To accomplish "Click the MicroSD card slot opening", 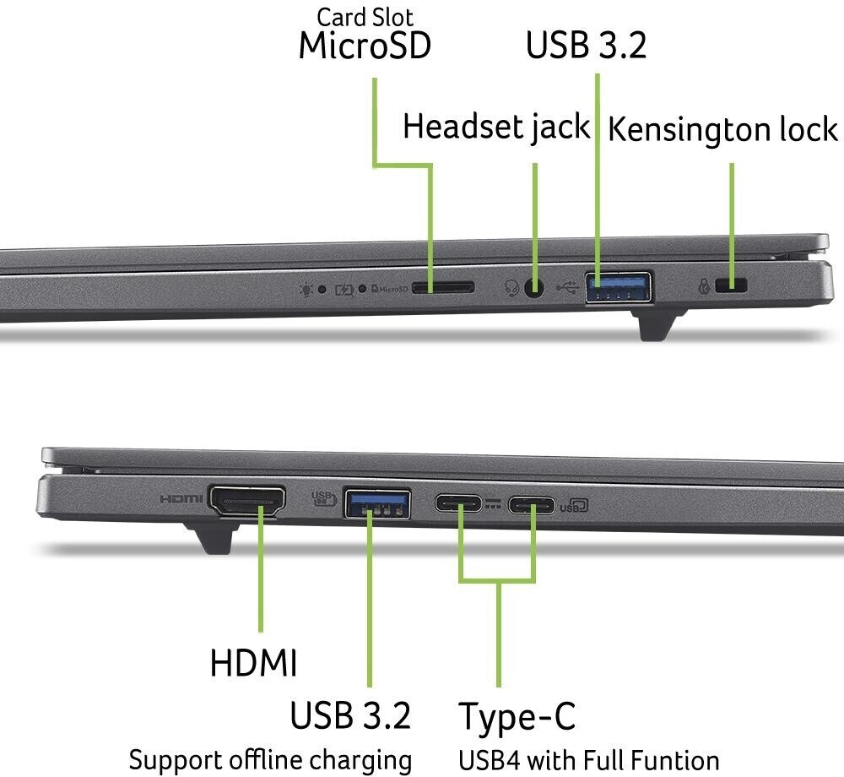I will click(442, 287).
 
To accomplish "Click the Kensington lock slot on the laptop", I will click(731, 286).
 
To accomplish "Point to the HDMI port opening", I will click(246, 501).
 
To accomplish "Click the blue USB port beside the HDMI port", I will click(377, 503).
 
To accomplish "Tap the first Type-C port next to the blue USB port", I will click(459, 504).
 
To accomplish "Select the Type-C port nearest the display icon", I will click(532, 505).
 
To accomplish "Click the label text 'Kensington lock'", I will click(722, 130).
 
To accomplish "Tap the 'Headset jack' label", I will click(496, 127).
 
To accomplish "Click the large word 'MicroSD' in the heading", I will click(365, 46).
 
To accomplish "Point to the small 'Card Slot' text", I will click(365, 17).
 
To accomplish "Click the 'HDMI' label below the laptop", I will click(253, 663).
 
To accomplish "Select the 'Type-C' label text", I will click(517, 717).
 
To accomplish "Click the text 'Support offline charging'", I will click(270, 759).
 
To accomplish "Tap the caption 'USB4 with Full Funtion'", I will click(588, 759).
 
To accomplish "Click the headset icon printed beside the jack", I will click(511, 288).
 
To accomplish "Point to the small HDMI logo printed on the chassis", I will click(181, 499).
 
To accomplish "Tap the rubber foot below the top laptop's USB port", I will click(659, 324).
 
